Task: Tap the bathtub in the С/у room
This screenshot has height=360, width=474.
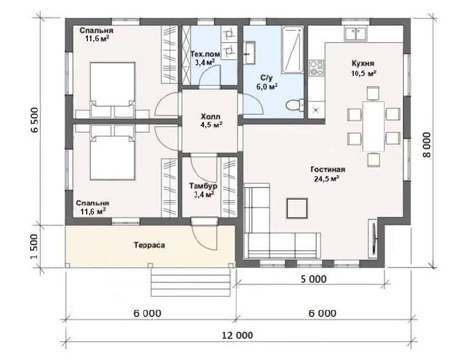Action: [292, 50]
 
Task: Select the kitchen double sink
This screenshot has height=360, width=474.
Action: [355, 34]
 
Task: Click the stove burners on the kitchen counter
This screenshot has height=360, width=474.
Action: [317, 68]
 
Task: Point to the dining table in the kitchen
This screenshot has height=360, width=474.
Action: [374, 126]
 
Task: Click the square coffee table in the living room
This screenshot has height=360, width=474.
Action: [297, 208]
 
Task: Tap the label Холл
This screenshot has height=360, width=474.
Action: [210, 117]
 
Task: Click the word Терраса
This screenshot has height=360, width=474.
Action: [150, 245]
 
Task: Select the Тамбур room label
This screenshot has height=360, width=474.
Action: [203, 186]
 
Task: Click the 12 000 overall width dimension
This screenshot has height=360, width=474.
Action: [238, 335]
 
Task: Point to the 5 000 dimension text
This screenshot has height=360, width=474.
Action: [314, 279]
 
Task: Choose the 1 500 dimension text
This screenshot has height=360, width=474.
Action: [34, 246]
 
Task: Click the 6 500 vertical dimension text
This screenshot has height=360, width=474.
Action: [34, 120]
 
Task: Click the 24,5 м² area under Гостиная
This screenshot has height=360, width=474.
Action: [327, 179]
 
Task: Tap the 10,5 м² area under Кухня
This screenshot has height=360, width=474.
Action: [364, 74]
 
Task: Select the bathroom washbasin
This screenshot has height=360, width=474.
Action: [249, 53]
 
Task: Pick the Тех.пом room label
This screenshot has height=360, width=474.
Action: [206, 54]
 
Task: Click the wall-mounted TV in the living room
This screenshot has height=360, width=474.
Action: [374, 238]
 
